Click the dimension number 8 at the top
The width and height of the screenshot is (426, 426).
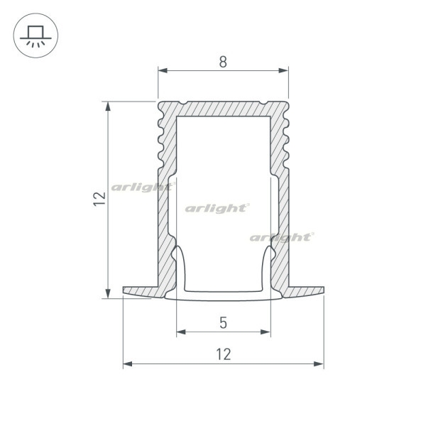223,62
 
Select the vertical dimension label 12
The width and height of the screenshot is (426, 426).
99,199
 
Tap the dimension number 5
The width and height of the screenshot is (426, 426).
223,323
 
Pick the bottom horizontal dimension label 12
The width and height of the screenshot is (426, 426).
224,354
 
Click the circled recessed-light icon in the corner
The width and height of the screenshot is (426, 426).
35,35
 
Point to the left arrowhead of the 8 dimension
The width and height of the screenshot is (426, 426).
163,70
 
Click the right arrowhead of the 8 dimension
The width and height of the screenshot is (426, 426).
283,70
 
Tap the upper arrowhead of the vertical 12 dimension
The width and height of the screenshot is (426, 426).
108,106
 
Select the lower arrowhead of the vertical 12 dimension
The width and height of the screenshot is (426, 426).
108,293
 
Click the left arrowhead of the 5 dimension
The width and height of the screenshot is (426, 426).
181,332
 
